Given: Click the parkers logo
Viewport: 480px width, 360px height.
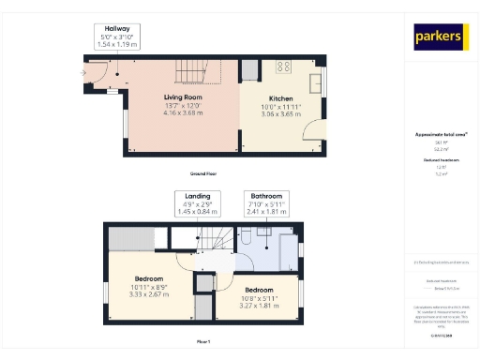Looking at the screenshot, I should [x=442, y=37].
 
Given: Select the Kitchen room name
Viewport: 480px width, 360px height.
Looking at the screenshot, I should [x=281, y=98].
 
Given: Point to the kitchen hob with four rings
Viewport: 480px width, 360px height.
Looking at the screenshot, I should [x=283, y=67].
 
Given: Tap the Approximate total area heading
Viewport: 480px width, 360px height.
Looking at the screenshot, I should [x=442, y=134].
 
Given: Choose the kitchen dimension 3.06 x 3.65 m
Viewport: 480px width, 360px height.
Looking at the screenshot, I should [x=281, y=113].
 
